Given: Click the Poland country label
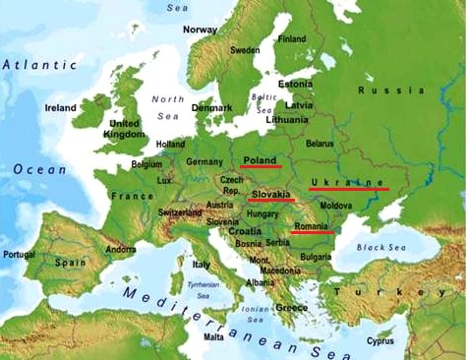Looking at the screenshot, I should [261, 158].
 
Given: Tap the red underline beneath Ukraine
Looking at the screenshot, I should [349, 189].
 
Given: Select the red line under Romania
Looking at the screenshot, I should [312, 233].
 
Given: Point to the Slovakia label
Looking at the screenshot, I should [271, 194].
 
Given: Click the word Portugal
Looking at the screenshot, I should [19, 254].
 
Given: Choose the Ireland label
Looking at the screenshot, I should [60, 107].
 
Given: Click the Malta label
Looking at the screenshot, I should [213, 336].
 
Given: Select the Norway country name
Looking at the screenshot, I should [200, 30].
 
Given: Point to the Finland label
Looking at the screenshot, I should [291, 39].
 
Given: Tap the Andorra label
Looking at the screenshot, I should [120, 249].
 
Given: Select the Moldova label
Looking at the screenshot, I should [335, 206].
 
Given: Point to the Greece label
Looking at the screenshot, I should [291, 307].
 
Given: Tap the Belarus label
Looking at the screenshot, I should [320, 144].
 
